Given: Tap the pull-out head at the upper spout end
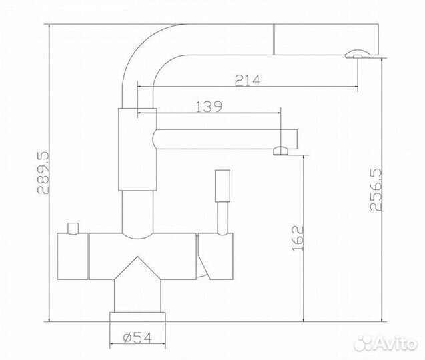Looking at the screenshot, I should pyautogui.click(x=327, y=39).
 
